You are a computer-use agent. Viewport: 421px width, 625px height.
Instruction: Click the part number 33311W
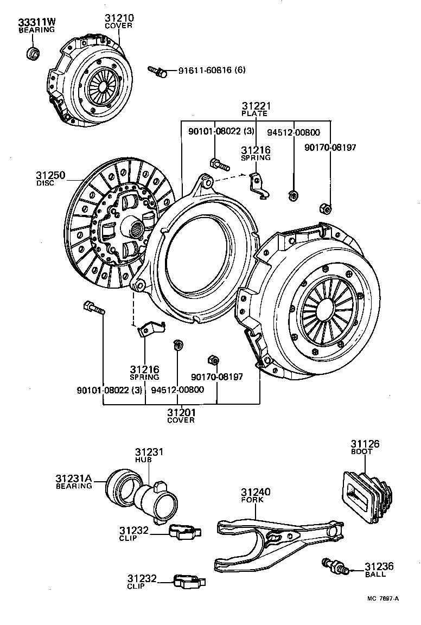[37, 22]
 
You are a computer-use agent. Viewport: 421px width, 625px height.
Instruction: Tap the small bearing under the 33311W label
[34, 53]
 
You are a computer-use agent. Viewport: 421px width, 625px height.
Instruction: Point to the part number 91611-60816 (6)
[205, 71]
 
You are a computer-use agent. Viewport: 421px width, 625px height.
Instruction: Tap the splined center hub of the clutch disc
[136, 224]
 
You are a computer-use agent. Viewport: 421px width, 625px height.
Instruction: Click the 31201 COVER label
[181, 416]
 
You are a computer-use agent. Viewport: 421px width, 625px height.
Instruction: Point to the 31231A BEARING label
[74, 482]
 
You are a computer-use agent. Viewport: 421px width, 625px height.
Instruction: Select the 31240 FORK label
[256, 495]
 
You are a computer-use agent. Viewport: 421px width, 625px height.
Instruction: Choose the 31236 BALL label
[378, 569]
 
